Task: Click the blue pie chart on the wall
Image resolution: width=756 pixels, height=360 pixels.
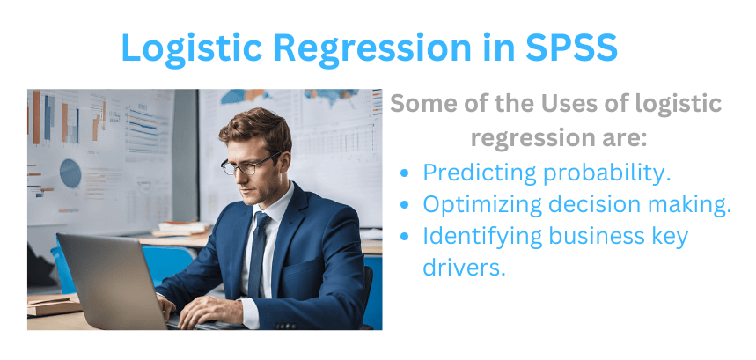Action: click(70, 173)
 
